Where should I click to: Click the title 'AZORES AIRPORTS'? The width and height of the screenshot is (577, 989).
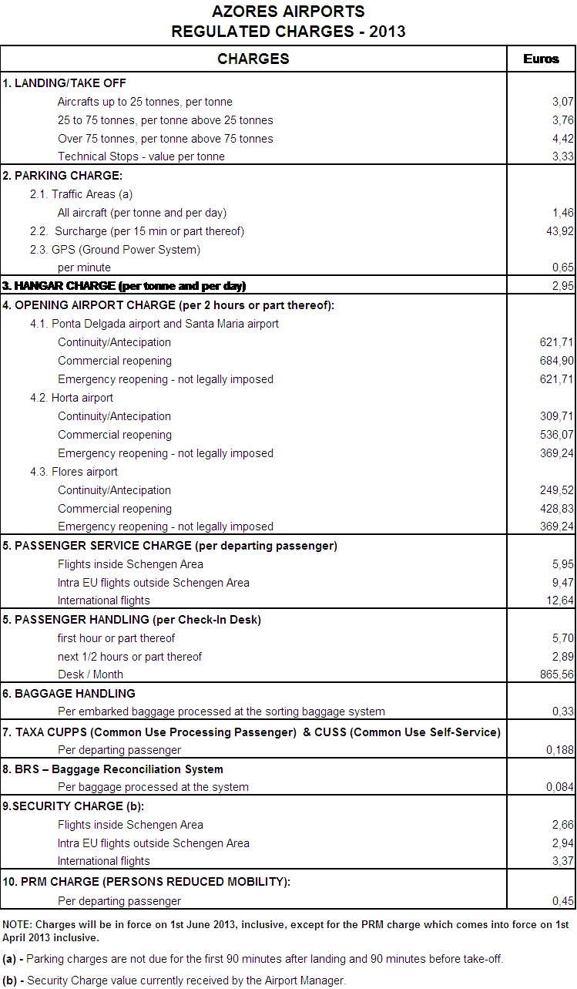point(288,12)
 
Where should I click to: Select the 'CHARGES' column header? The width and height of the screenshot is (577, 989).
point(253,59)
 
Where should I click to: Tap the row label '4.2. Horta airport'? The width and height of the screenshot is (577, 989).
point(72,398)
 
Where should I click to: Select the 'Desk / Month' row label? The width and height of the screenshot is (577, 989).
point(90,674)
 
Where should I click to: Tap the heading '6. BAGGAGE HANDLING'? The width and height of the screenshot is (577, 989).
point(69,694)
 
